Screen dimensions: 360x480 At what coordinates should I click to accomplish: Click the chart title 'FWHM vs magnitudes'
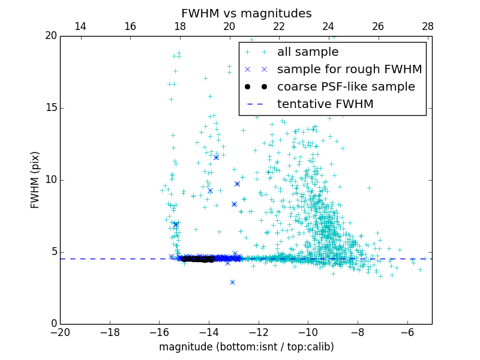(x=246, y=13)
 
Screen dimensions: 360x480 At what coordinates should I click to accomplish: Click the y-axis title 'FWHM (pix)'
(x=35, y=179)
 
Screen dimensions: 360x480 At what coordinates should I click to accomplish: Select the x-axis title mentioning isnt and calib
(x=246, y=347)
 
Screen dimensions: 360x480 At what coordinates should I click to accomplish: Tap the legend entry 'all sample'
(x=307, y=52)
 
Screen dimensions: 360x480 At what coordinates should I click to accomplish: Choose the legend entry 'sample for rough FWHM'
(x=349, y=70)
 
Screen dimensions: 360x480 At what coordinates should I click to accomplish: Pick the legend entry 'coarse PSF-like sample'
(x=346, y=87)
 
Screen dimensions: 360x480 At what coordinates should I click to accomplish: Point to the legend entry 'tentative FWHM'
(x=325, y=104)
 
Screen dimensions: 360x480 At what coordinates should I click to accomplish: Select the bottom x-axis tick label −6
(x=407, y=332)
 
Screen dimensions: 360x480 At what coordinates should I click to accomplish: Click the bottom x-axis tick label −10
(x=308, y=332)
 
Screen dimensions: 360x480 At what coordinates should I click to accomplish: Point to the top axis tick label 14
(x=80, y=27)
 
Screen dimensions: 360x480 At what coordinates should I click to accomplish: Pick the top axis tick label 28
(x=427, y=27)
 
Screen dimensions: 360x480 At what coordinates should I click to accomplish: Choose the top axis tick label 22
(x=278, y=27)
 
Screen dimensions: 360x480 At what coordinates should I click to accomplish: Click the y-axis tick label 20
(x=50, y=36)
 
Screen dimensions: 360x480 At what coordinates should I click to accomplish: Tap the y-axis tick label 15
(x=50, y=108)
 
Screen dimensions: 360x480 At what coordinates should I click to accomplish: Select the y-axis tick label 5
(x=53, y=252)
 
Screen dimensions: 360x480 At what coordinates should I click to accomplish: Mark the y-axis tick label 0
(x=53, y=324)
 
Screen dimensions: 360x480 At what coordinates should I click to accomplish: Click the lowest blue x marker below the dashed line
(x=232, y=282)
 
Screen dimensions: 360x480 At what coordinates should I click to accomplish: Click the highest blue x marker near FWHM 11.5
(x=216, y=157)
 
